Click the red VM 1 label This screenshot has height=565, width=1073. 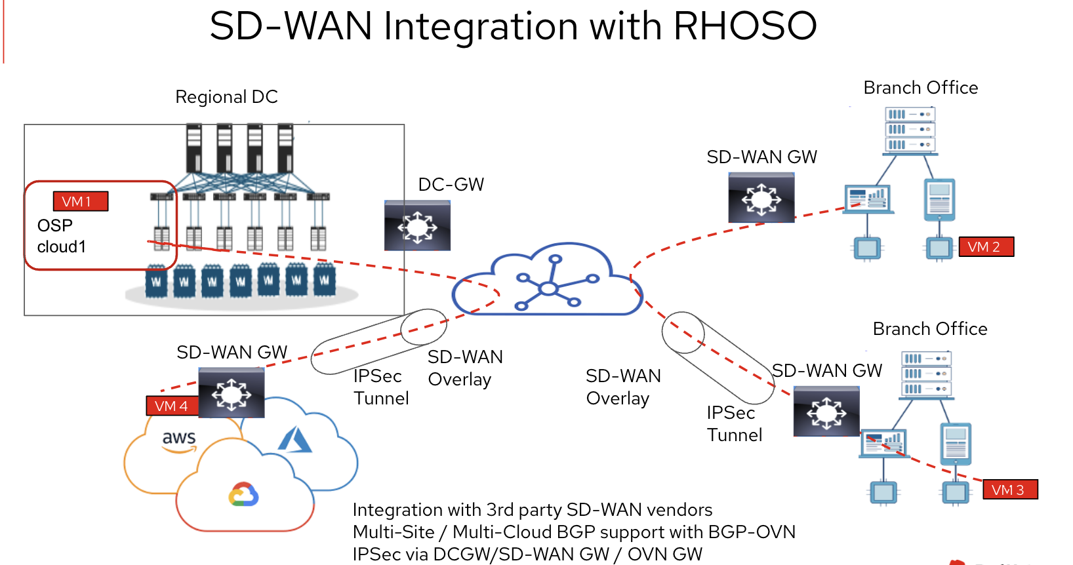[x=81, y=201]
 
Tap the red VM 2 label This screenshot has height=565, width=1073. [x=986, y=246]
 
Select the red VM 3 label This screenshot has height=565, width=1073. [x=1010, y=490]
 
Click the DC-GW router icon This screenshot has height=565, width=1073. [x=417, y=225]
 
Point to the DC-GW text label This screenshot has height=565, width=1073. [x=451, y=184]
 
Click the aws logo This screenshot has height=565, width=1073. [x=179, y=440]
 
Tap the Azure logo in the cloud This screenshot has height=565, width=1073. [x=295, y=440]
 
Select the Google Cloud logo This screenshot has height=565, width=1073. [x=243, y=494]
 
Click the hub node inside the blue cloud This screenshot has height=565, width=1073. [x=548, y=288]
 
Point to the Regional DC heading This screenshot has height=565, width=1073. [x=226, y=97]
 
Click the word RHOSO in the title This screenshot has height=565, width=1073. [x=745, y=26]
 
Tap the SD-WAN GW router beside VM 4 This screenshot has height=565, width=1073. [x=232, y=393]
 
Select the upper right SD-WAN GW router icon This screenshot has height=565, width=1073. [x=761, y=197]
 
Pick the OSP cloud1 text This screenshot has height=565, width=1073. [x=61, y=236]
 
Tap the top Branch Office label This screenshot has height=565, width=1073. [x=920, y=88]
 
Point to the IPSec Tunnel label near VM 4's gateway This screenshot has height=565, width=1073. [x=381, y=387]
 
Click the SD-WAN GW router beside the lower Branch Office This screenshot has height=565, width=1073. [x=826, y=412]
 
